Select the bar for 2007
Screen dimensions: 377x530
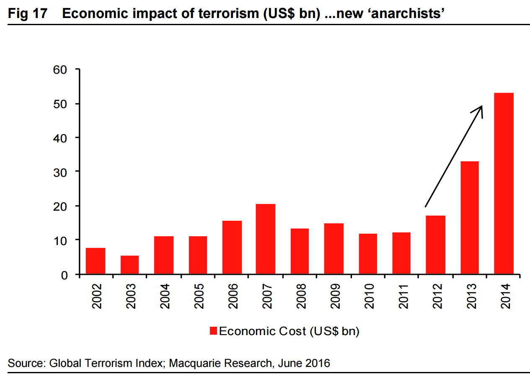coord(265,239)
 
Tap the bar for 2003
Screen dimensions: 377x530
coord(129,265)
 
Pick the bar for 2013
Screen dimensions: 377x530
coord(469,218)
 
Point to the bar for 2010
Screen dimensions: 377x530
coord(367,254)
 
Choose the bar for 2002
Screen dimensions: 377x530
coord(96,261)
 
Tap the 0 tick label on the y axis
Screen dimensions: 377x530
coord(64,275)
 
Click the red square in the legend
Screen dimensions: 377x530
coord(213,331)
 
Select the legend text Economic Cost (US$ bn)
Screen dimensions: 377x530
coord(289,331)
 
